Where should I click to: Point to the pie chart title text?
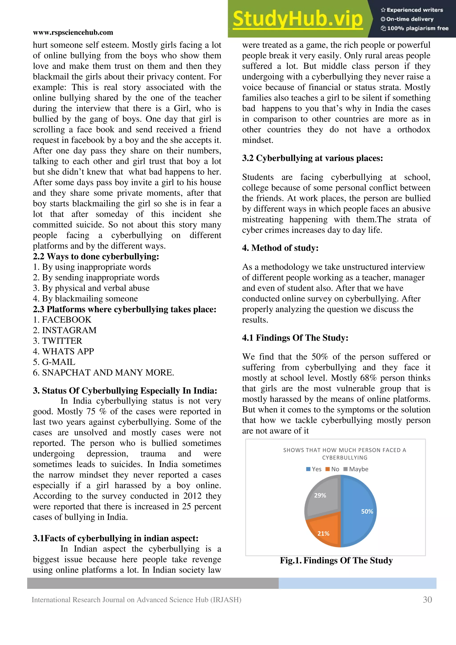344,454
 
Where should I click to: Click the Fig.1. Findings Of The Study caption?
336,560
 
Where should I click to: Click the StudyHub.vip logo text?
298,19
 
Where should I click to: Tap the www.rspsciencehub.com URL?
73,32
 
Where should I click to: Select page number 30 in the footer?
427,600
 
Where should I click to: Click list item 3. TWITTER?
58,341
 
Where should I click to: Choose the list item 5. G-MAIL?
54,362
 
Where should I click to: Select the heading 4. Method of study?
280,248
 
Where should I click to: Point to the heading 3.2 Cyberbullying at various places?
312,158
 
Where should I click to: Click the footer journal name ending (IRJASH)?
136,600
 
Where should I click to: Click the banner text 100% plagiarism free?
415,28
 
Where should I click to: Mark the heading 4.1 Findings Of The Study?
295,338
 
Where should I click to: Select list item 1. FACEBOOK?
62,320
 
